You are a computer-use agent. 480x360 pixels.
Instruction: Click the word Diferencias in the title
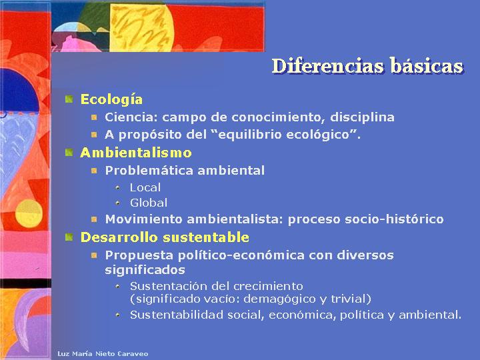(x=327, y=65)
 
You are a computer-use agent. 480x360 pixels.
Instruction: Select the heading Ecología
(x=111, y=100)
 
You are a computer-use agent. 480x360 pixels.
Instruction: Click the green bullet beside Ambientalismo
(x=69, y=152)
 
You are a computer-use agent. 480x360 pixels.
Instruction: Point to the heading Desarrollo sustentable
(x=165, y=237)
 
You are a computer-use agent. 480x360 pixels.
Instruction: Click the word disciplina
(x=362, y=117)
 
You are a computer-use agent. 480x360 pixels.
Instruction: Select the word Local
(x=145, y=187)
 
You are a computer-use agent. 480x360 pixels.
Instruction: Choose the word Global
(x=149, y=203)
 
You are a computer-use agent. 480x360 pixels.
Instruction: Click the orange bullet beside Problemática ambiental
(x=94, y=171)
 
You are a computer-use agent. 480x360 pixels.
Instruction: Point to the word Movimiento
(x=143, y=219)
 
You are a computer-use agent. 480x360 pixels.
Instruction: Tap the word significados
(x=145, y=270)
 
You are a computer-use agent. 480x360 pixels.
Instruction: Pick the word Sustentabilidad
(x=177, y=315)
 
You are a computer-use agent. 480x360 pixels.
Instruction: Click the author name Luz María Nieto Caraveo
(x=103, y=354)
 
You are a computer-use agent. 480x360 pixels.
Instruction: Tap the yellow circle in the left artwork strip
(x=29, y=213)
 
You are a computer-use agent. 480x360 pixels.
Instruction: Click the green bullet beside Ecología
(x=69, y=99)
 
